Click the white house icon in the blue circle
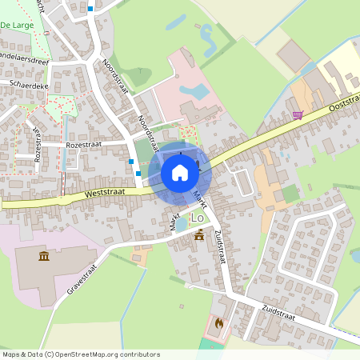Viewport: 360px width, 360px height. coord(180,172)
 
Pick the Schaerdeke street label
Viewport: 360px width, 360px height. coord(28,82)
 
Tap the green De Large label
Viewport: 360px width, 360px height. coord(16,26)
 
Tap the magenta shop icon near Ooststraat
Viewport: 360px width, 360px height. coord(298,115)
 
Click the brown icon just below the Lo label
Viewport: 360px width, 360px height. coord(198,235)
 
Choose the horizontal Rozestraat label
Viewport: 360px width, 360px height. coord(86,144)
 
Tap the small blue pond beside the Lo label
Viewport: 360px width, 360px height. coord(181,224)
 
